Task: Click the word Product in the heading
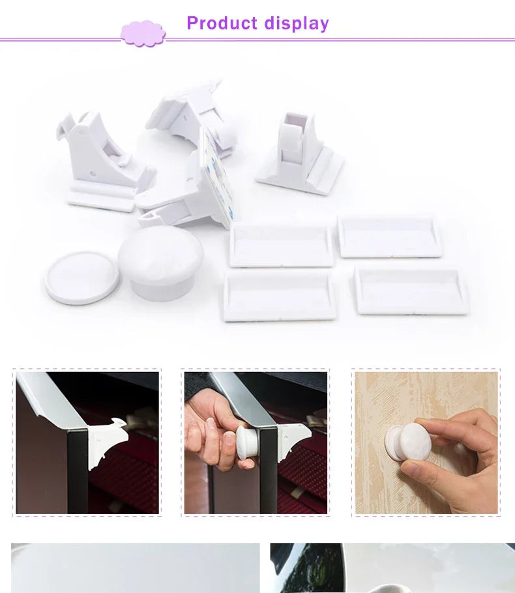222,23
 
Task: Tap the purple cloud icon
143,33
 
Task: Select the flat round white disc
81,278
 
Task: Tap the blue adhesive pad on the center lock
216,175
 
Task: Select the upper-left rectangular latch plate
282,245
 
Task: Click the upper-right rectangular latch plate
390,236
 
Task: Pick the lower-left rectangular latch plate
280,295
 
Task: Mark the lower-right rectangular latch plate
411,290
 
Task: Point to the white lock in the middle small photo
293,441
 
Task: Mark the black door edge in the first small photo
77,469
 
